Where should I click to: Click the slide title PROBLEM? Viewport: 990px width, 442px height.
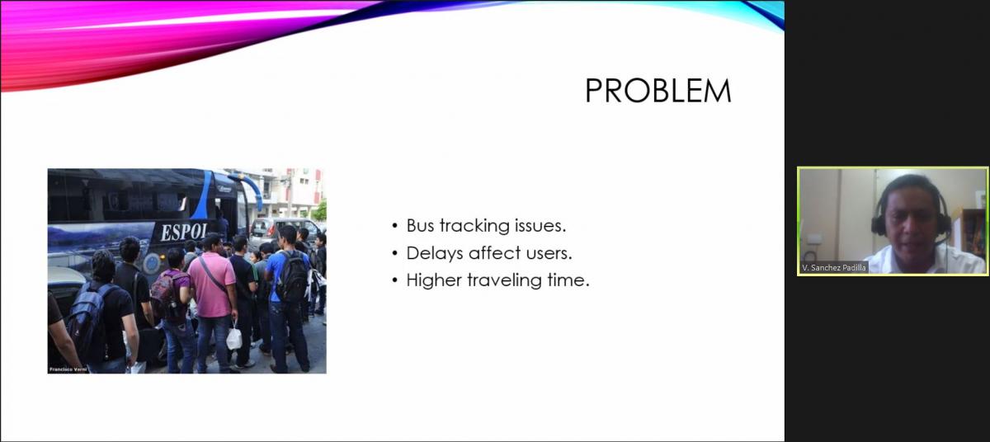coord(658,91)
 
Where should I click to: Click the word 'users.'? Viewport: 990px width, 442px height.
coord(549,253)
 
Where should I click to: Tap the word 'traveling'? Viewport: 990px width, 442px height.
coord(504,280)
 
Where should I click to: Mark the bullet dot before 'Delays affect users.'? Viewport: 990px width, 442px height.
coord(394,253)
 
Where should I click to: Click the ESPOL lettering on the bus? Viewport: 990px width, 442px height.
coord(183,232)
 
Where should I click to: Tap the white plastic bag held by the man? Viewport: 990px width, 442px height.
coord(233,337)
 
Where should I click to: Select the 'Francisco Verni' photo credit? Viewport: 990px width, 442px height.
coord(68,369)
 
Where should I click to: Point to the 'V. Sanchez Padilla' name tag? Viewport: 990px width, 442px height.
coord(834,267)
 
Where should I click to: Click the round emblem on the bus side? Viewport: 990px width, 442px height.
coord(152,264)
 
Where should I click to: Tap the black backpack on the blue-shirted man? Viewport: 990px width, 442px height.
coord(294,276)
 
